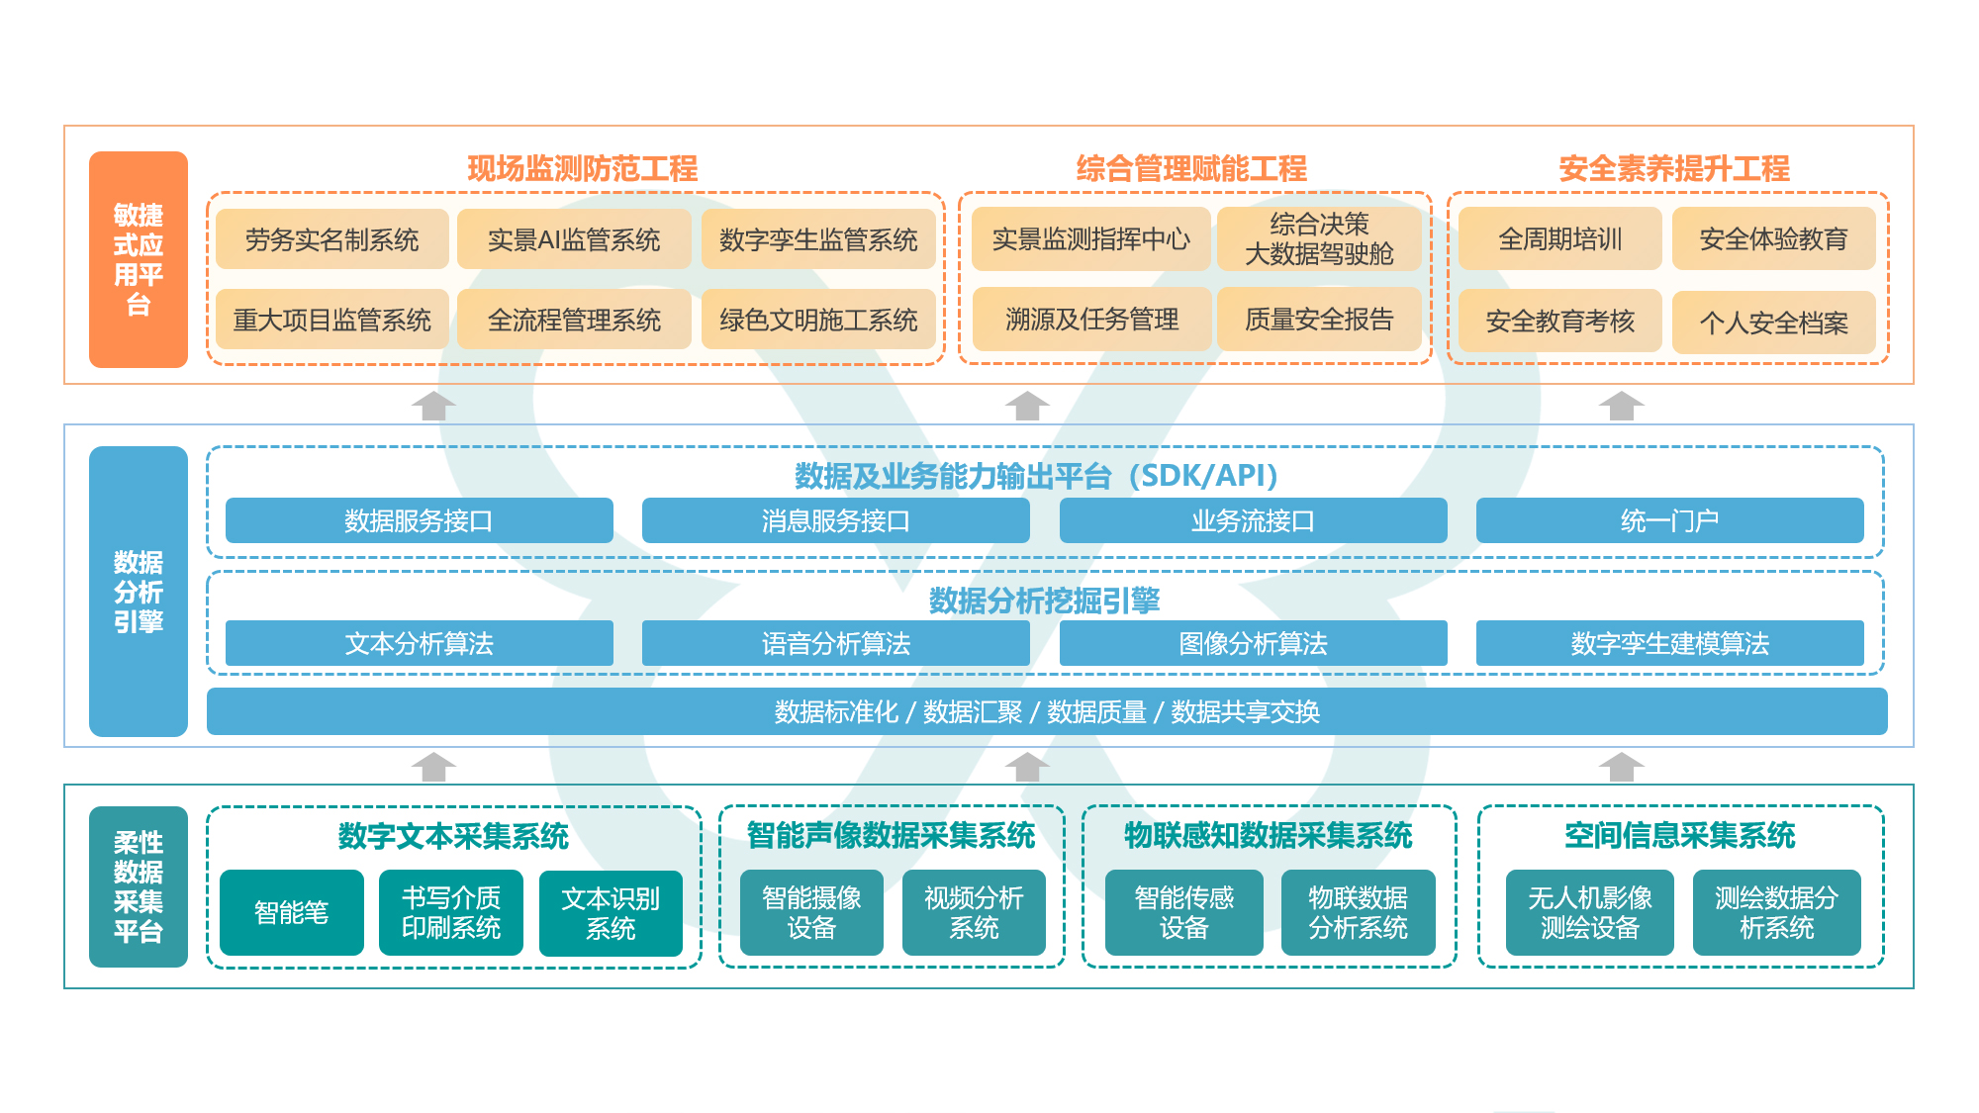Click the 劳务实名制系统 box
pyautogui.click(x=331, y=239)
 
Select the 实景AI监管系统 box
pyautogui.click(x=574, y=239)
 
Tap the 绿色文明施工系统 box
pyautogui.click(x=818, y=320)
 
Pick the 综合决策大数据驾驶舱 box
pyautogui.click(x=1319, y=239)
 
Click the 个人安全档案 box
pyautogui.click(x=1773, y=323)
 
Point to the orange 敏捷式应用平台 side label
pyautogui.click(x=139, y=259)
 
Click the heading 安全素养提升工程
pyautogui.click(x=1674, y=169)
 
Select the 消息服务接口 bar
pyautogui.click(x=835, y=520)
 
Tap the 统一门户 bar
pyautogui.click(x=1669, y=520)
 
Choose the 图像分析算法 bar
pyautogui.click(x=1253, y=644)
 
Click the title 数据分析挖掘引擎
pyautogui.click(x=1044, y=601)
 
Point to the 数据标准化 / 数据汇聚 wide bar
pyautogui.click(x=1047, y=711)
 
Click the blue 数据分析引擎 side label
pyautogui.click(x=139, y=592)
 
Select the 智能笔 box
pyautogui.click(x=292, y=912)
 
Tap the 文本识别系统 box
pyautogui.click(x=611, y=912)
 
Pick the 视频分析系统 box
pyautogui.click(x=974, y=912)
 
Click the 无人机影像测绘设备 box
pyautogui.click(x=1589, y=912)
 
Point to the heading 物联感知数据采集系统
pyautogui.click(x=1269, y=836)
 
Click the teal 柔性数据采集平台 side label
pyautogui.click(x=139, y=886)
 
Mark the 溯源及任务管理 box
pyautogui.click(x=1091, y=320)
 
